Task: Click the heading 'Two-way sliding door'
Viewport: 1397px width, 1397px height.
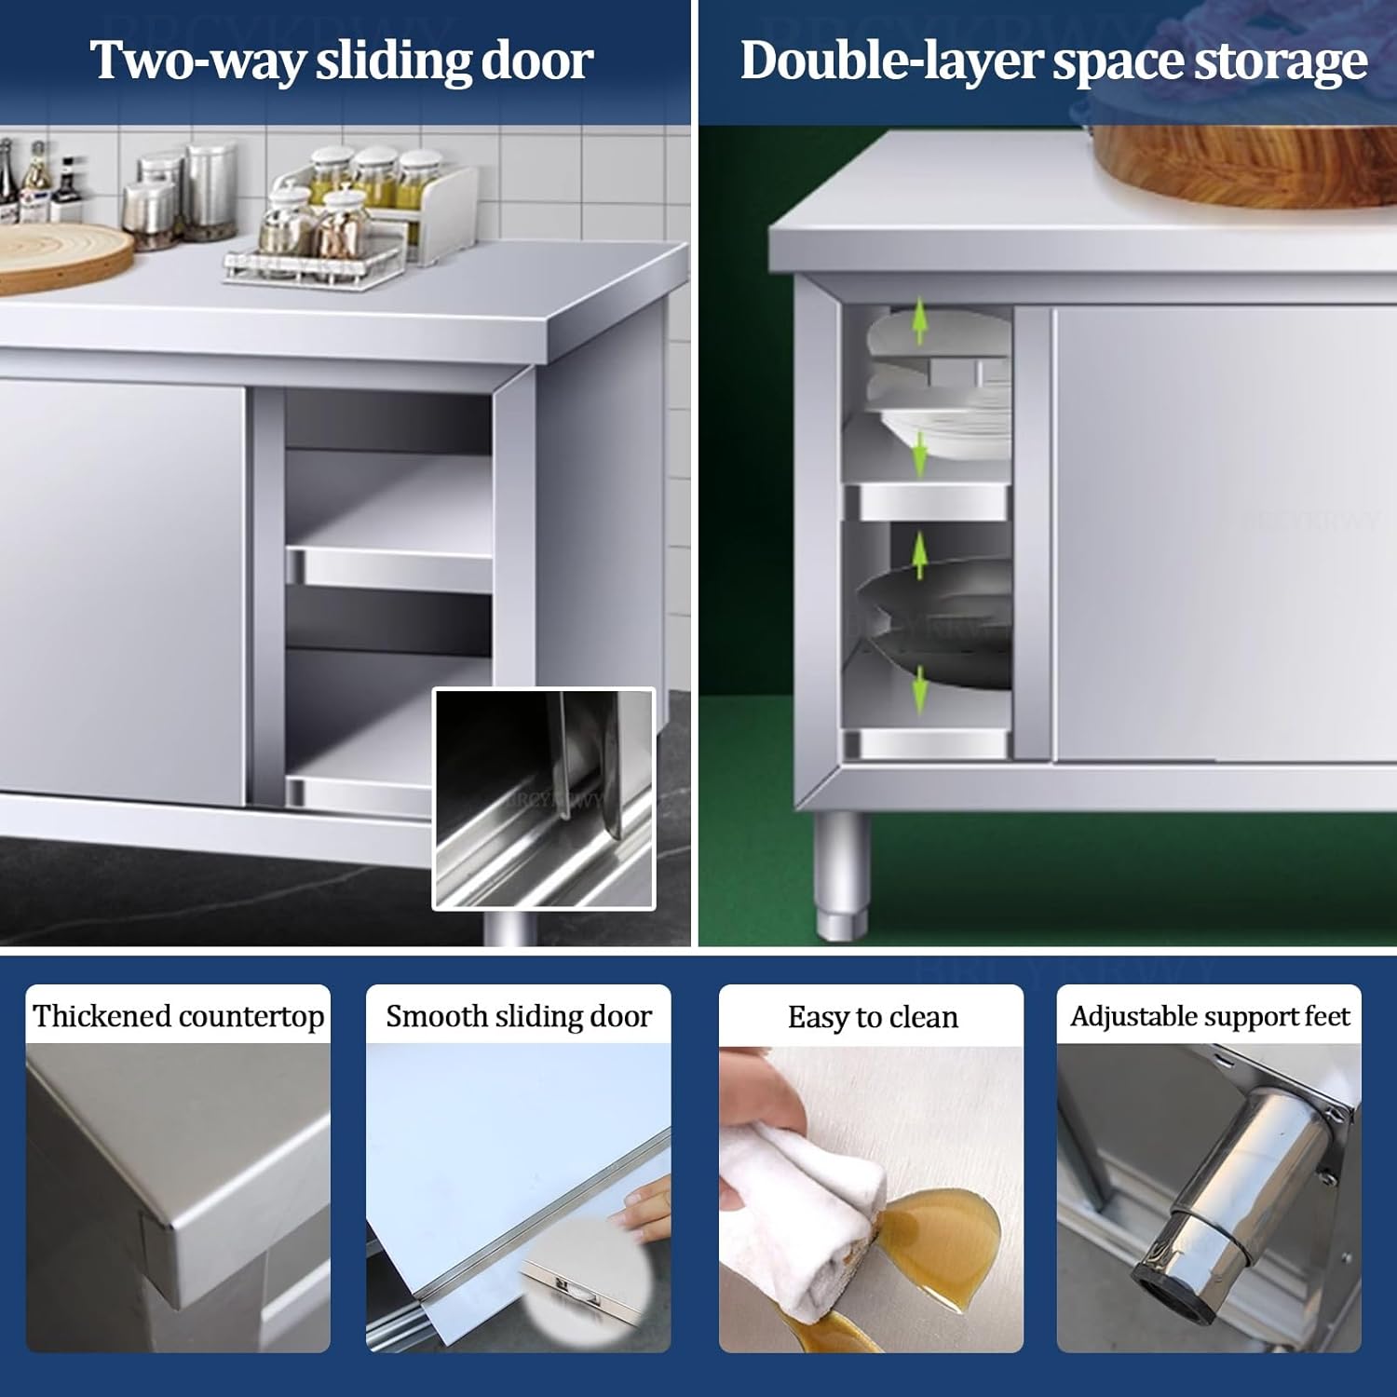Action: pyautogui.click(x=341, y=61)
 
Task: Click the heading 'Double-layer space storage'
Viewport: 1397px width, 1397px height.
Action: pyautogui.click(x=1052, y=61)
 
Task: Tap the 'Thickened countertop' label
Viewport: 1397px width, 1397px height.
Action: pyautogui.click(x=178, y=1015)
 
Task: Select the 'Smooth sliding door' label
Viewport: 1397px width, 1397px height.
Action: pyautogui.click(x=519, y=1015)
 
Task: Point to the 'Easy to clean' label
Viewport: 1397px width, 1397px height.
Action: pyautogui.click(x=872, y=1016)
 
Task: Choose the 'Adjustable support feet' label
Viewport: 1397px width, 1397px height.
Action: pyautogui.click(x=1209, y=1015)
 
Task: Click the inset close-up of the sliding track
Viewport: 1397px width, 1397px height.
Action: pyautogui.click(x=544, y=799)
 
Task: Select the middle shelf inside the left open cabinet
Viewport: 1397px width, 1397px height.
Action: pyautogui.click(x=388, y=563)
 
